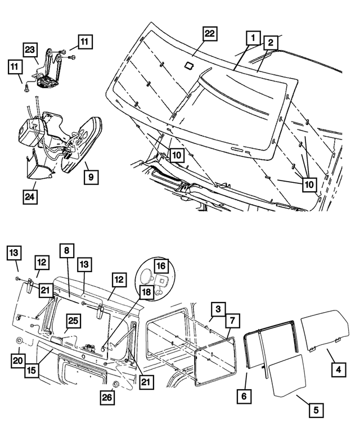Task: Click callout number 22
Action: pos(209,35)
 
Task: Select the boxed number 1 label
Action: pos(253,38)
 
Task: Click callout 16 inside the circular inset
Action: pos(161,265)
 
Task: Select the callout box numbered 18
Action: pos(146,292)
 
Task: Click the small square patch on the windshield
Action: pos(190,65)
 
